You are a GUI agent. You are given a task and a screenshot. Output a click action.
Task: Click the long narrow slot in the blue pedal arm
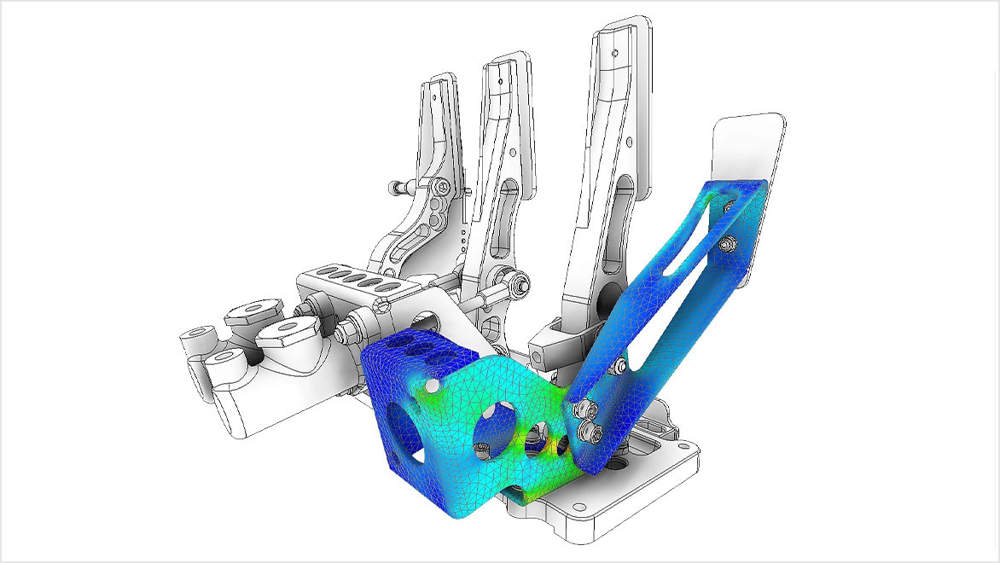coord(683,247)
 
